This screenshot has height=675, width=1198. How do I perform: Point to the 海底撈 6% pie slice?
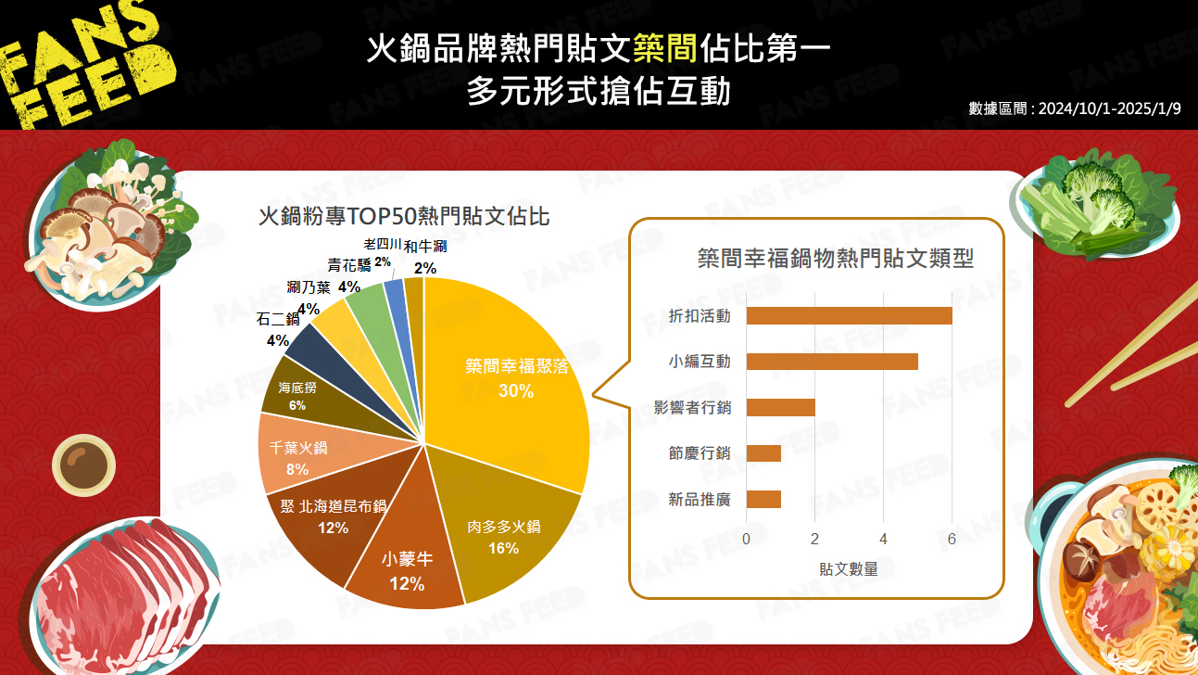(x=310, y=396)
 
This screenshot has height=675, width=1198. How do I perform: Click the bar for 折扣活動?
(x=850, y=316)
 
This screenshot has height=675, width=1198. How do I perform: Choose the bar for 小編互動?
(x=832, y=362)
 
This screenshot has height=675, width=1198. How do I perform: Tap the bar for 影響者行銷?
(x=781, y=407)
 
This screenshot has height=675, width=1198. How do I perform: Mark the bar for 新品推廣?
(x=763, y=500)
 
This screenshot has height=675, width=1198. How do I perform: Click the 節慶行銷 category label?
(x=699, y=453)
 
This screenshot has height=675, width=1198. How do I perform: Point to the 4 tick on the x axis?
(x=884, y=539)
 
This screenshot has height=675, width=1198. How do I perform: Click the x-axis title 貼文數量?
(x=849, y=569)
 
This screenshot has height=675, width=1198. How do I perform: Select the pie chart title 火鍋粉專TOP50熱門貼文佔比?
(x=404, y=217)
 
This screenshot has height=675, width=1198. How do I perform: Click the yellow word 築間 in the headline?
(x=665, y=48)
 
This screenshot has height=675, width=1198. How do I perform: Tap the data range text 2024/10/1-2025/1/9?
(x=1110, y=109)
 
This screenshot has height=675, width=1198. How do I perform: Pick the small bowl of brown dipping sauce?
(x=84, y=465)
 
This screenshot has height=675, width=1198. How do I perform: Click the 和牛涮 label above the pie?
(x=425, y=247)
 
